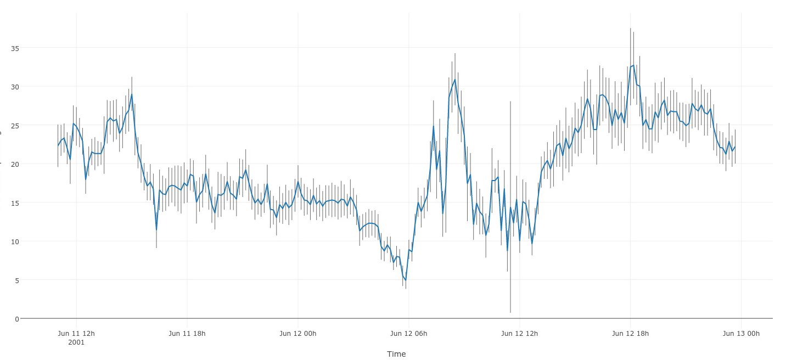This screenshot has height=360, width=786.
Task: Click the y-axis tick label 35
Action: [14, 48]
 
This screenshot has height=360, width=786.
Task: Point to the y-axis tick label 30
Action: [14, 87]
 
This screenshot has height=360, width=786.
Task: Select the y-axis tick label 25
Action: [14, 126]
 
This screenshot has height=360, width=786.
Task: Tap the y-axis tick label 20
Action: [14, 164]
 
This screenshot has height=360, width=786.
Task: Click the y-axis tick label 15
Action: [14, 203]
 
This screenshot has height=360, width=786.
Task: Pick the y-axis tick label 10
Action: [14, 241]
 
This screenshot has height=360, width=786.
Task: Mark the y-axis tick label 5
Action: [16, 280]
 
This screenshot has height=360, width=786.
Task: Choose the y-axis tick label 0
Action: [16, 319]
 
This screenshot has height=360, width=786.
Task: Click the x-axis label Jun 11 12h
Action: [76, 333]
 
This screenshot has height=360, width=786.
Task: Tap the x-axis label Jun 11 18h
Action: [187, 333]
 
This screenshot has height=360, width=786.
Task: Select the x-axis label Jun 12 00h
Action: [298, 333]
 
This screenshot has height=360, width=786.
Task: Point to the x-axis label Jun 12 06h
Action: [408, 333]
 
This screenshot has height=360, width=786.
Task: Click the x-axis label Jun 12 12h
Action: [519, 333]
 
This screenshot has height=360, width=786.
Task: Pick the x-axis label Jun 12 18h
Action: [630, 333]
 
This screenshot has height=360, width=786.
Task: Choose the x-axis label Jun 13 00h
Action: [741, 333]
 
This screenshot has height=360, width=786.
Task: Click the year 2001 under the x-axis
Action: [76, 342]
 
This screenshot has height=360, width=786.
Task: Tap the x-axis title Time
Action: [396, 354]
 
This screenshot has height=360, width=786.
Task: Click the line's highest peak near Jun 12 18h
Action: [633, 65]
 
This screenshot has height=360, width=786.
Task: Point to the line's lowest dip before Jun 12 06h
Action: [406, 280]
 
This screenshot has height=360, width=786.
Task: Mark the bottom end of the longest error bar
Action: [510, 313]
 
